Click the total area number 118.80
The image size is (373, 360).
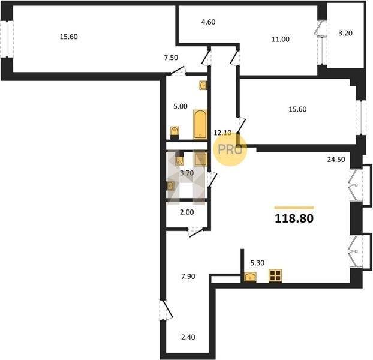tap(294, 218)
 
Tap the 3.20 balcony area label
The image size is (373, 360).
tap(345, 33)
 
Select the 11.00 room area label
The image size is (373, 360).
tap(281, 39)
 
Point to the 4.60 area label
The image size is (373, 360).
tap(208, 22)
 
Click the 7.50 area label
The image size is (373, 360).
tap(171, 58)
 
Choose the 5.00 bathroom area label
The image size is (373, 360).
tap(181, 106)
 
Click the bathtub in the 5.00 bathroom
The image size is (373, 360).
tap(200, 124)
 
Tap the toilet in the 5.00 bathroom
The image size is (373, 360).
tap(175, 133)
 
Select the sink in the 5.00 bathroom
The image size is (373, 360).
tap(203, 85)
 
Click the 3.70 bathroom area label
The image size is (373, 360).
tap(186, 173)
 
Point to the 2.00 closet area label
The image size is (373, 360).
tap(186, 212)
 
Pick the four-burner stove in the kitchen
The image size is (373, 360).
tap(275, 276)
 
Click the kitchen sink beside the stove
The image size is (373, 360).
tap(250, 277)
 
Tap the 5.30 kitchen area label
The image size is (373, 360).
tap(257, 263)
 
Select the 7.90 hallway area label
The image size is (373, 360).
tap(188, 277)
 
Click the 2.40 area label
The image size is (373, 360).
tap(188, 337)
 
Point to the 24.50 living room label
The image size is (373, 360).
tap(336, 160)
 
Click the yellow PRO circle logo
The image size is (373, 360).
tap(230, 149)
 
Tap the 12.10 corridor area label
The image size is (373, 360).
tap(222, 133)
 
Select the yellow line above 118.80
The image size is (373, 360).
tap(294, 208)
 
